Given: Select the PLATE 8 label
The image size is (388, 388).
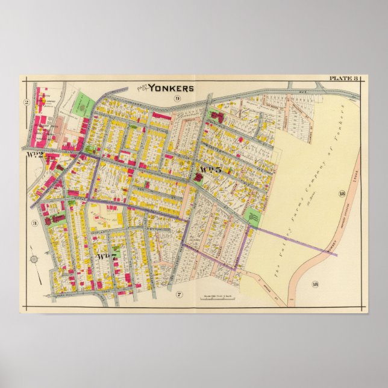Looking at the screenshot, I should pos(343,78).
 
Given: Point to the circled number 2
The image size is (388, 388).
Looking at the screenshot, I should pos(27,102).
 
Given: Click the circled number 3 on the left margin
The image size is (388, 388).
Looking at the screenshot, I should pos(34,223).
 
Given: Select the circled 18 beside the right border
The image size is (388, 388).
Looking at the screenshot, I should pos(342,193).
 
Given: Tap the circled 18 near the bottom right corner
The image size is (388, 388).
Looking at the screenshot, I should pos(314,284).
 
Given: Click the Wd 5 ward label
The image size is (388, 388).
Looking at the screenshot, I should pos(211,170).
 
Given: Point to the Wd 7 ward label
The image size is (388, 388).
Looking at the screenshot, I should pos(106,256).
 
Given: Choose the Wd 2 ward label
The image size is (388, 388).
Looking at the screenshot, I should pos(34,156).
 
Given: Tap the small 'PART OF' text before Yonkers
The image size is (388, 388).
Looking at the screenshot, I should pos(142,87).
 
